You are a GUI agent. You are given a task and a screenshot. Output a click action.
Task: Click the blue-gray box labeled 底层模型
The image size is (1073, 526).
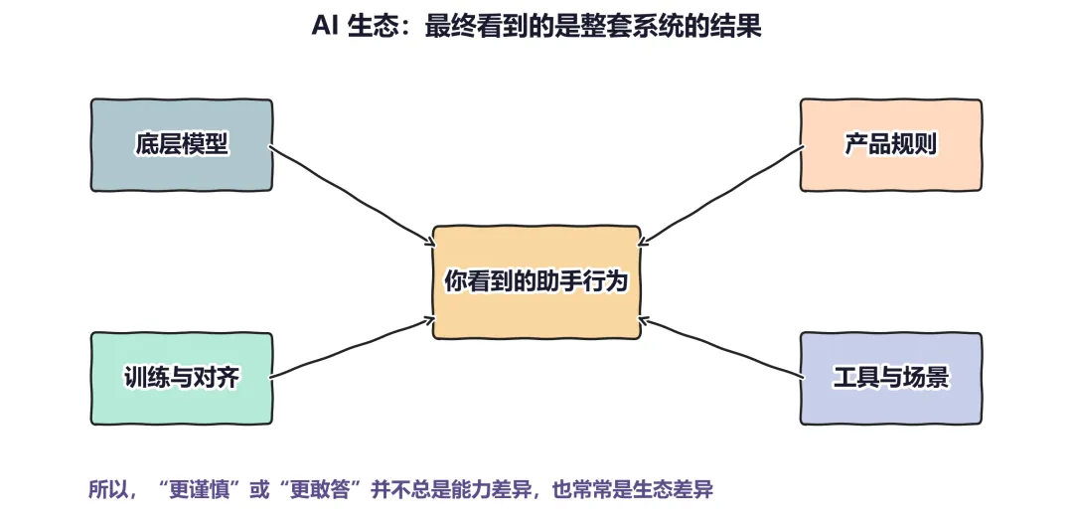(x=182, y=144)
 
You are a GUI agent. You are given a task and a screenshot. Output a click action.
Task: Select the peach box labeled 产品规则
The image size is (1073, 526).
(x=891, y=144)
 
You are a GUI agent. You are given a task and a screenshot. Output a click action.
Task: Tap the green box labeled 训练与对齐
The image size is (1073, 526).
(x=182, y=378)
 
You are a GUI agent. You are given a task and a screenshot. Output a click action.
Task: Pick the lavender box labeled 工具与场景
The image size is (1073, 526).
(x=891, y=378)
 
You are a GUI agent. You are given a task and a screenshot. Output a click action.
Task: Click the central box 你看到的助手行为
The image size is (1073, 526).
(x=536, y=282)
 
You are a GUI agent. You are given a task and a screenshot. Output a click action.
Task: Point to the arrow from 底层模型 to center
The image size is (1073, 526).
(x=351, y=194)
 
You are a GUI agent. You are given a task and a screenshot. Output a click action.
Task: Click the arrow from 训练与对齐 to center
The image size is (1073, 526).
(x=352, y=347)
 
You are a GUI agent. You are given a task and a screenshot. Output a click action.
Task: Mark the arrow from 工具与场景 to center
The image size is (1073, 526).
(x=721, y=347)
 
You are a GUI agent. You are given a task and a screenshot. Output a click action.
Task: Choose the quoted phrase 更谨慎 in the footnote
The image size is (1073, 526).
(x=200, y=489)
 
